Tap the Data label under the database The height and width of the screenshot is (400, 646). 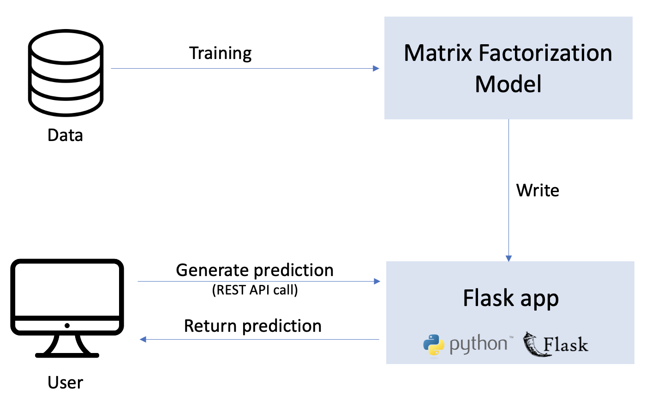click(66, 135)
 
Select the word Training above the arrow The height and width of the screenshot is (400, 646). click(221, 53)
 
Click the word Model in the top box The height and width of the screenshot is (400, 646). click(508, 84)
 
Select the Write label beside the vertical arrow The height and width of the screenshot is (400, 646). click(538, 190)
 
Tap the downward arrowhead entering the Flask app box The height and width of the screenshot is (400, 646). click(508, 259)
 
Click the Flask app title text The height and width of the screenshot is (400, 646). click(511, 299)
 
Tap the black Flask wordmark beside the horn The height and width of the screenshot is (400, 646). click(566, 345)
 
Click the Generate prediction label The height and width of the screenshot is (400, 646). click(255, 270)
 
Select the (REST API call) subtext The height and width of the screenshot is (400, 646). click(255, 291)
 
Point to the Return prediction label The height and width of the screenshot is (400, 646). click(253, 326)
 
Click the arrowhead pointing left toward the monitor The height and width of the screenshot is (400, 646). click(143, 340)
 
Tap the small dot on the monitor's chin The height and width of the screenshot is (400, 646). click(67, 326)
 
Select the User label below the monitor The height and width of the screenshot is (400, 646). click(66, 382)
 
